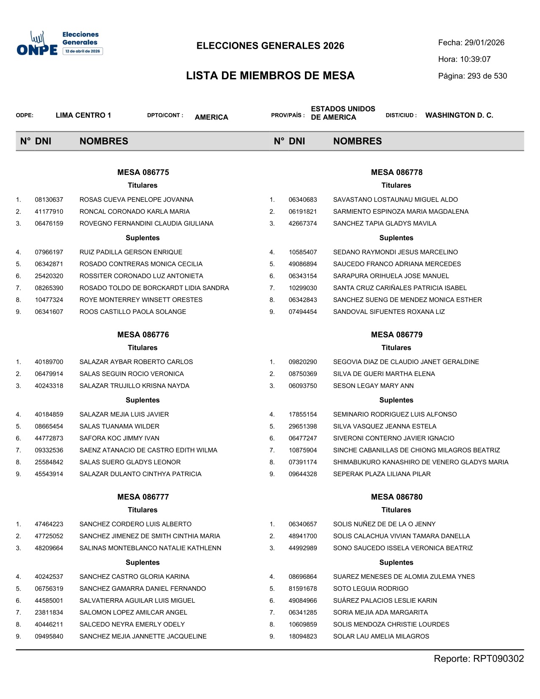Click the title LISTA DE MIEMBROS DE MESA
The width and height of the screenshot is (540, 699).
(270, 76)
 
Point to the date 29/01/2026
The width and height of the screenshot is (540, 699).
(484, 43)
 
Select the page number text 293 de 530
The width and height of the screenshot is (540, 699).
(487, 76)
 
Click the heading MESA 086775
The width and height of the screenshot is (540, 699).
(143, 172)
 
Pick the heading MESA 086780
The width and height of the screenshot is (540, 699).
(396, 497)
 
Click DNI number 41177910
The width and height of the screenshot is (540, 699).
(49, 212)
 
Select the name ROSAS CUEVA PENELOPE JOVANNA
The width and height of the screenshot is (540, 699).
(136, 200)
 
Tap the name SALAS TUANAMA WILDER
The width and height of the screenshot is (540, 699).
(119, 427)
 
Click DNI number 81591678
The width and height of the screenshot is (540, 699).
(303, 589)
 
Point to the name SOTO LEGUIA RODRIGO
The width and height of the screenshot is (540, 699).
(371, 589)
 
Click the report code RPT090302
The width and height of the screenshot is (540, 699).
(498, 659)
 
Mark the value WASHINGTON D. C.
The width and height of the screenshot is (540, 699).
(459, 115)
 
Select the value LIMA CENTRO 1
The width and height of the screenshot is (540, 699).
(83, 115)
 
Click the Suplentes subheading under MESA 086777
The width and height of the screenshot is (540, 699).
(143, 563)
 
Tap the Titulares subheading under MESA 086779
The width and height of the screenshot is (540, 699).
(396, 348)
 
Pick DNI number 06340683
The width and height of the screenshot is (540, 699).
(303, 200)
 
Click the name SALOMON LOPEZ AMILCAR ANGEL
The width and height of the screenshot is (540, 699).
(133, 613)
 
